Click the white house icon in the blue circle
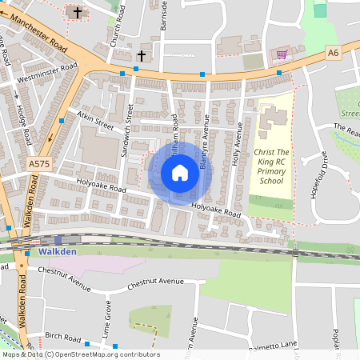180,173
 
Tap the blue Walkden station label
56,251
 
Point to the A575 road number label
38,164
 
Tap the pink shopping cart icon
281,54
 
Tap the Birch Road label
64,337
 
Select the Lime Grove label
106,316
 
